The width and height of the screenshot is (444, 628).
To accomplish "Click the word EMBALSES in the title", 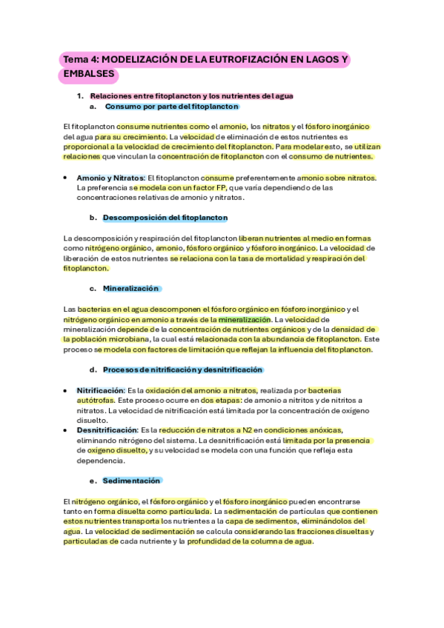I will click(88, 74).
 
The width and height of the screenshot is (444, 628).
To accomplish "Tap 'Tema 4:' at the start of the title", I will click(79, 59).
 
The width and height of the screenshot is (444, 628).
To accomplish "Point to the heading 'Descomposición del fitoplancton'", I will click(165, 218).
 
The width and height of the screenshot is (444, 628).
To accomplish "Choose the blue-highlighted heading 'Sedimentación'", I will click(132, 481).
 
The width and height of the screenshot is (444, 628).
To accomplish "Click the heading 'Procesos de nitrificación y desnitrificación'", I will click(183, 370).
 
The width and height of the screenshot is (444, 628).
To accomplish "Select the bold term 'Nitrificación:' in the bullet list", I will click(100, 390).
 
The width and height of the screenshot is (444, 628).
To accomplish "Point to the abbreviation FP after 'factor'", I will click(221, 187).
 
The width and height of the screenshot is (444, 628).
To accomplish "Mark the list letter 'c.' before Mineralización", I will click(93, 289).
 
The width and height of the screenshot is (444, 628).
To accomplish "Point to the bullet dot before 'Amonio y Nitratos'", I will click(67, 178).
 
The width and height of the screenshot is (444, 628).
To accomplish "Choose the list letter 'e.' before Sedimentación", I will click(93, 481).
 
